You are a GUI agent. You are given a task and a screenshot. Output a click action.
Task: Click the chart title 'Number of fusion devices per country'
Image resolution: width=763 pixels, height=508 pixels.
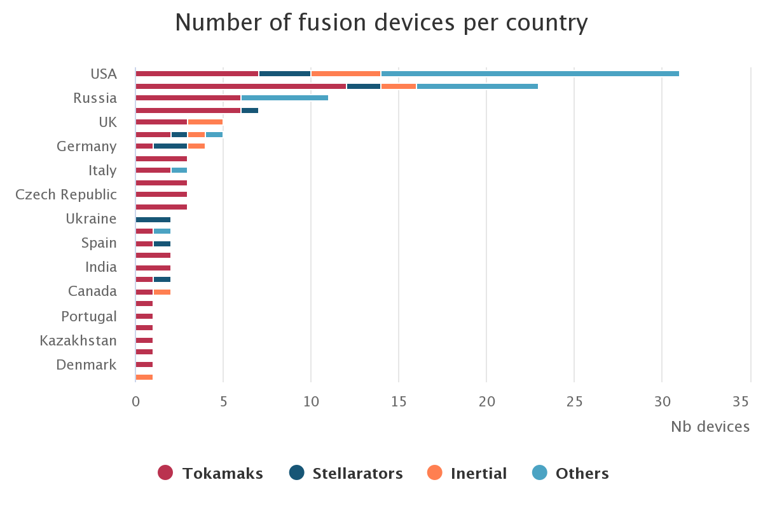click(381, 23)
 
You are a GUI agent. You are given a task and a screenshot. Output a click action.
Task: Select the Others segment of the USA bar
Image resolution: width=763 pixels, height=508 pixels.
click(530, 74)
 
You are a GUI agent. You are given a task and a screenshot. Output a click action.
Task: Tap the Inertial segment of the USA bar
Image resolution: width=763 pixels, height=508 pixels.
click(346, 74)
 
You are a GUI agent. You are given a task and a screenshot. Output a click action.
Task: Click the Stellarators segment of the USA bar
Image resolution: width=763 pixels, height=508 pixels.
click(285, 74)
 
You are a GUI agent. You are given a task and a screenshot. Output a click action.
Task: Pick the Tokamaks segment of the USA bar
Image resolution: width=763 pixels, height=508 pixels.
click(197, 74)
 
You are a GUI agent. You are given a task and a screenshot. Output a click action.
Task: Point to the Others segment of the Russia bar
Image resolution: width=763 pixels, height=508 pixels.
click(285, 98)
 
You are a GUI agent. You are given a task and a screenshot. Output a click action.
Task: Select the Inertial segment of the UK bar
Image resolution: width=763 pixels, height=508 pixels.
click(205, 122)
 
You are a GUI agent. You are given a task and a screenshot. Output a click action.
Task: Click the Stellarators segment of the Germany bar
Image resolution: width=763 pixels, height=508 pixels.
click(170, 146)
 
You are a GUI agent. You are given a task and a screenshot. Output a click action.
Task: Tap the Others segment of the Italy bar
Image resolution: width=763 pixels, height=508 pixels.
click(179, 170)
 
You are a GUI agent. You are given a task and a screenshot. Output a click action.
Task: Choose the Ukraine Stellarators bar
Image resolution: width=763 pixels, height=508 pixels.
click(153, 219)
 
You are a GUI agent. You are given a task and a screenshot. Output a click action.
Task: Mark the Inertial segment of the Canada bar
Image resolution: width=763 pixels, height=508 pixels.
click(162, 292)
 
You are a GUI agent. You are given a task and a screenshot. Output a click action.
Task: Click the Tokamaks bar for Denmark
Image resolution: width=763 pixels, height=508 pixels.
click(144, 364)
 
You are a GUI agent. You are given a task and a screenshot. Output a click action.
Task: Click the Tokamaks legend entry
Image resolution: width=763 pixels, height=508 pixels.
click(210, 473)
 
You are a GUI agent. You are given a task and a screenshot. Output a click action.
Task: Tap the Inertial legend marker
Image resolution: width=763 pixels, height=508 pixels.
click(435, 472)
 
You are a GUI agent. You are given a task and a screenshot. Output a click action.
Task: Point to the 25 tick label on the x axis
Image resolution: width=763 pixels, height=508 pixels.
click(574, 402)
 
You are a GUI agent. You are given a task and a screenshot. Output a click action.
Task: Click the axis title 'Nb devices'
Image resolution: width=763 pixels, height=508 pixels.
click(710, 427)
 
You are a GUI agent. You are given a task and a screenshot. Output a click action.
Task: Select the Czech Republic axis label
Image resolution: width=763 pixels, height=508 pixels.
click(66, 194)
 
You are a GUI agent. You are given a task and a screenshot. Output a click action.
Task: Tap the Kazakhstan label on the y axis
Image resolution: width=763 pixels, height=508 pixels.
click(78, 340)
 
